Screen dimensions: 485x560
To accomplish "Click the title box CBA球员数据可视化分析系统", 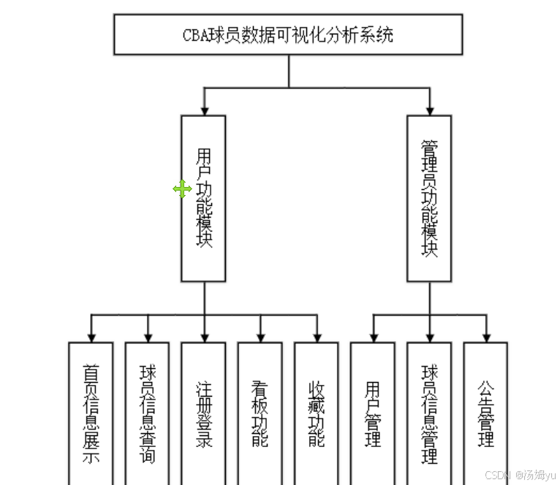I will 288,34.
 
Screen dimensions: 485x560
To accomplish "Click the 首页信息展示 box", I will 91,413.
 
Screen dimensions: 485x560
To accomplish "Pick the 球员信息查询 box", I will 147,413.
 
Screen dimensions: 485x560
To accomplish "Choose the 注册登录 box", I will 203,413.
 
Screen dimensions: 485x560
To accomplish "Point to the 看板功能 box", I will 260,413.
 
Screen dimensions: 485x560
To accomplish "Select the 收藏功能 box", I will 317,413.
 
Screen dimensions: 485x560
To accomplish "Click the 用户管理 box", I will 373,413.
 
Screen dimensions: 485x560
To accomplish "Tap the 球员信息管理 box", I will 429,413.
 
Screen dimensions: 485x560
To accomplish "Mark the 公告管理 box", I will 485,413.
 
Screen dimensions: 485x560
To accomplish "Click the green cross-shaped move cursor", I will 182,190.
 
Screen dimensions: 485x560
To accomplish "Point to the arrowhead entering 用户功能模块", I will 205,110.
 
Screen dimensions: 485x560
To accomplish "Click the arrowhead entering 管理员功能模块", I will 430,110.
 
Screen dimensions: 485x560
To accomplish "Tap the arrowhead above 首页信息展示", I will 91,337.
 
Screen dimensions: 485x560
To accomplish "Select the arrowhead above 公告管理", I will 485,337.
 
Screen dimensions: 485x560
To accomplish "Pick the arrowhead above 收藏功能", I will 317,337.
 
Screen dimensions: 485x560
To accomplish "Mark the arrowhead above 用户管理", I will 373,337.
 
